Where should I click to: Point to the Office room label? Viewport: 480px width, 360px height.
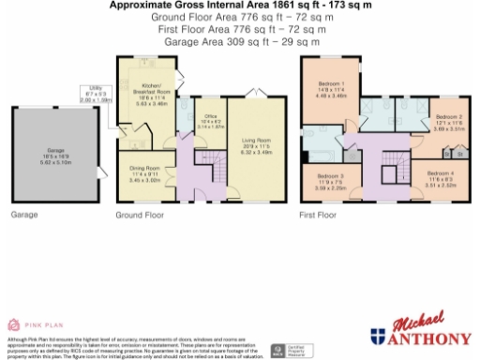(x=212, y=119)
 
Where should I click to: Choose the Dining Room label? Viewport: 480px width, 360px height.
(x=144, y=172)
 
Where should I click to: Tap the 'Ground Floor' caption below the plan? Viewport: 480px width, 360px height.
(x=135, y=215)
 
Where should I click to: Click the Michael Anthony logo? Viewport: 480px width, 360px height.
(x=419, y=330)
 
